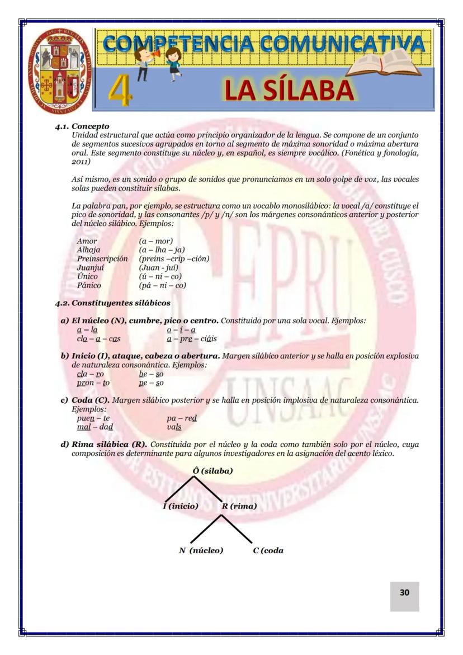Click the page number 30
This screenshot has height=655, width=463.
point(404,592)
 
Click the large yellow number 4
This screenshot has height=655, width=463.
point(120,91)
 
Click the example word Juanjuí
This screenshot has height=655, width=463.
point(90,267)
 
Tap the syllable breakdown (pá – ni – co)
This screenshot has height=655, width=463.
point(162,285)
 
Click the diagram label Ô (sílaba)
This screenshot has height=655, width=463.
point(212,470)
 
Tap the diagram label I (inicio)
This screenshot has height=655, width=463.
point(181,506)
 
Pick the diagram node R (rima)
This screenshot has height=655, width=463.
point(239,506)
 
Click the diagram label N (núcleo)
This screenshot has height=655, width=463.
point(201,550)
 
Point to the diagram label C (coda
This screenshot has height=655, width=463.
point(268,550)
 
